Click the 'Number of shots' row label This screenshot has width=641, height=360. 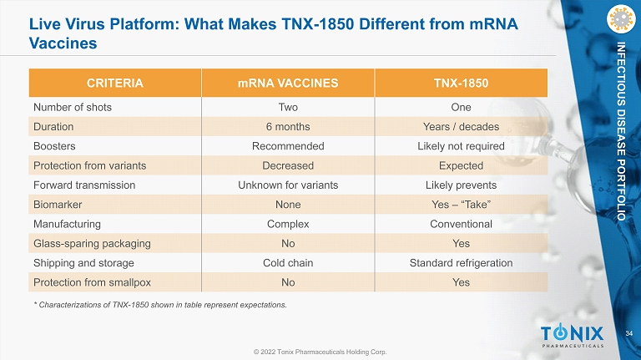73,107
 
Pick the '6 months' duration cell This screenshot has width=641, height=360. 288,127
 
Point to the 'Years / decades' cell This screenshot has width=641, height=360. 461,127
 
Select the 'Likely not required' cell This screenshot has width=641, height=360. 461,146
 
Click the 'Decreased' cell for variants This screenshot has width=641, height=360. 288,165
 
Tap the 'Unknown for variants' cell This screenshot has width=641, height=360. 288,185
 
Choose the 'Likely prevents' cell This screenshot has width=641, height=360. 461,185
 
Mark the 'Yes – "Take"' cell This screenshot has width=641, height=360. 461,205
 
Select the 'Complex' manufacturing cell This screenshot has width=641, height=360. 288,224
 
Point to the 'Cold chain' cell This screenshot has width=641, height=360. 288,263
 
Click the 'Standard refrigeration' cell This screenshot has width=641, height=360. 461,263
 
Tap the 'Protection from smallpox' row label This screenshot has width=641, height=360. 92,282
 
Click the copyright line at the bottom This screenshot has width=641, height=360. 320,352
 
